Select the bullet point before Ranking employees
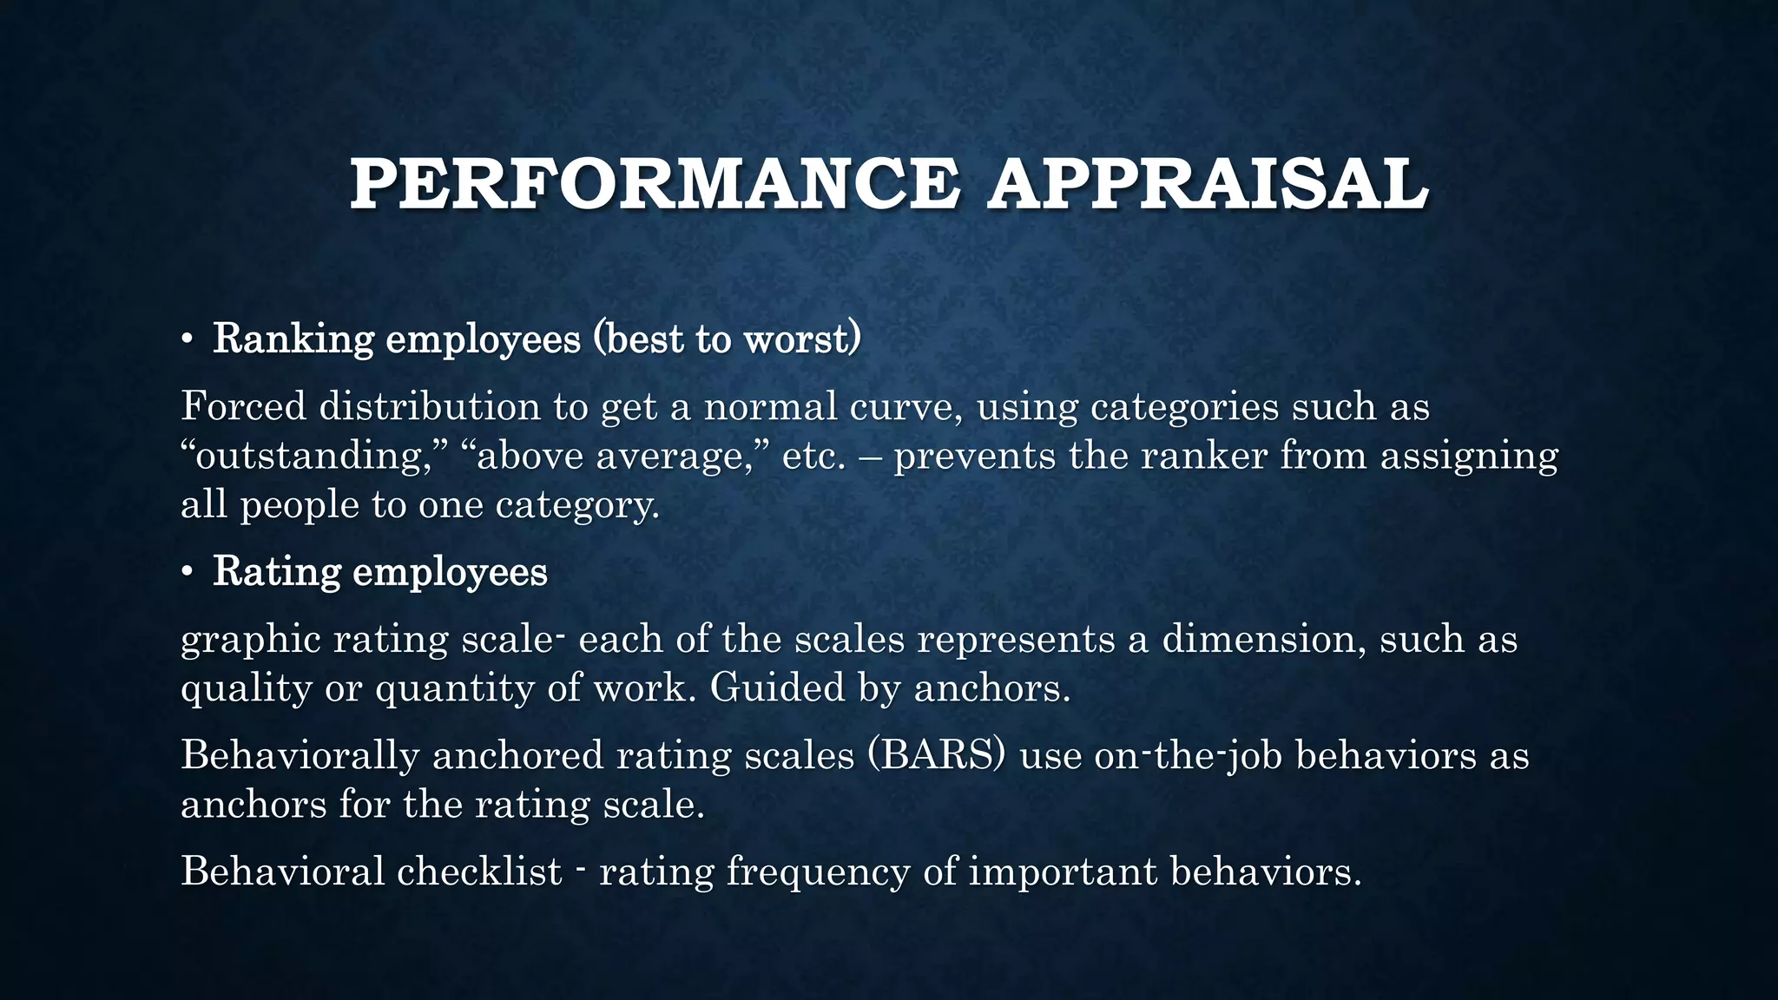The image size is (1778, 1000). pyautogui.click(x=187, y=339)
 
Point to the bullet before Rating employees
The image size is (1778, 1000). pyautogui.click(x=187, y=573)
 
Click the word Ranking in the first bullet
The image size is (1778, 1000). pyautogui.click(x=293, y=339)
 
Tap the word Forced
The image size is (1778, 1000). pyautogui.click(x=243, y=406)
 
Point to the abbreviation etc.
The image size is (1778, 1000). pyautogui.click(x=813, y=457)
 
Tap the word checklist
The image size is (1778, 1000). pyautogui.click(x=479, y=872)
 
